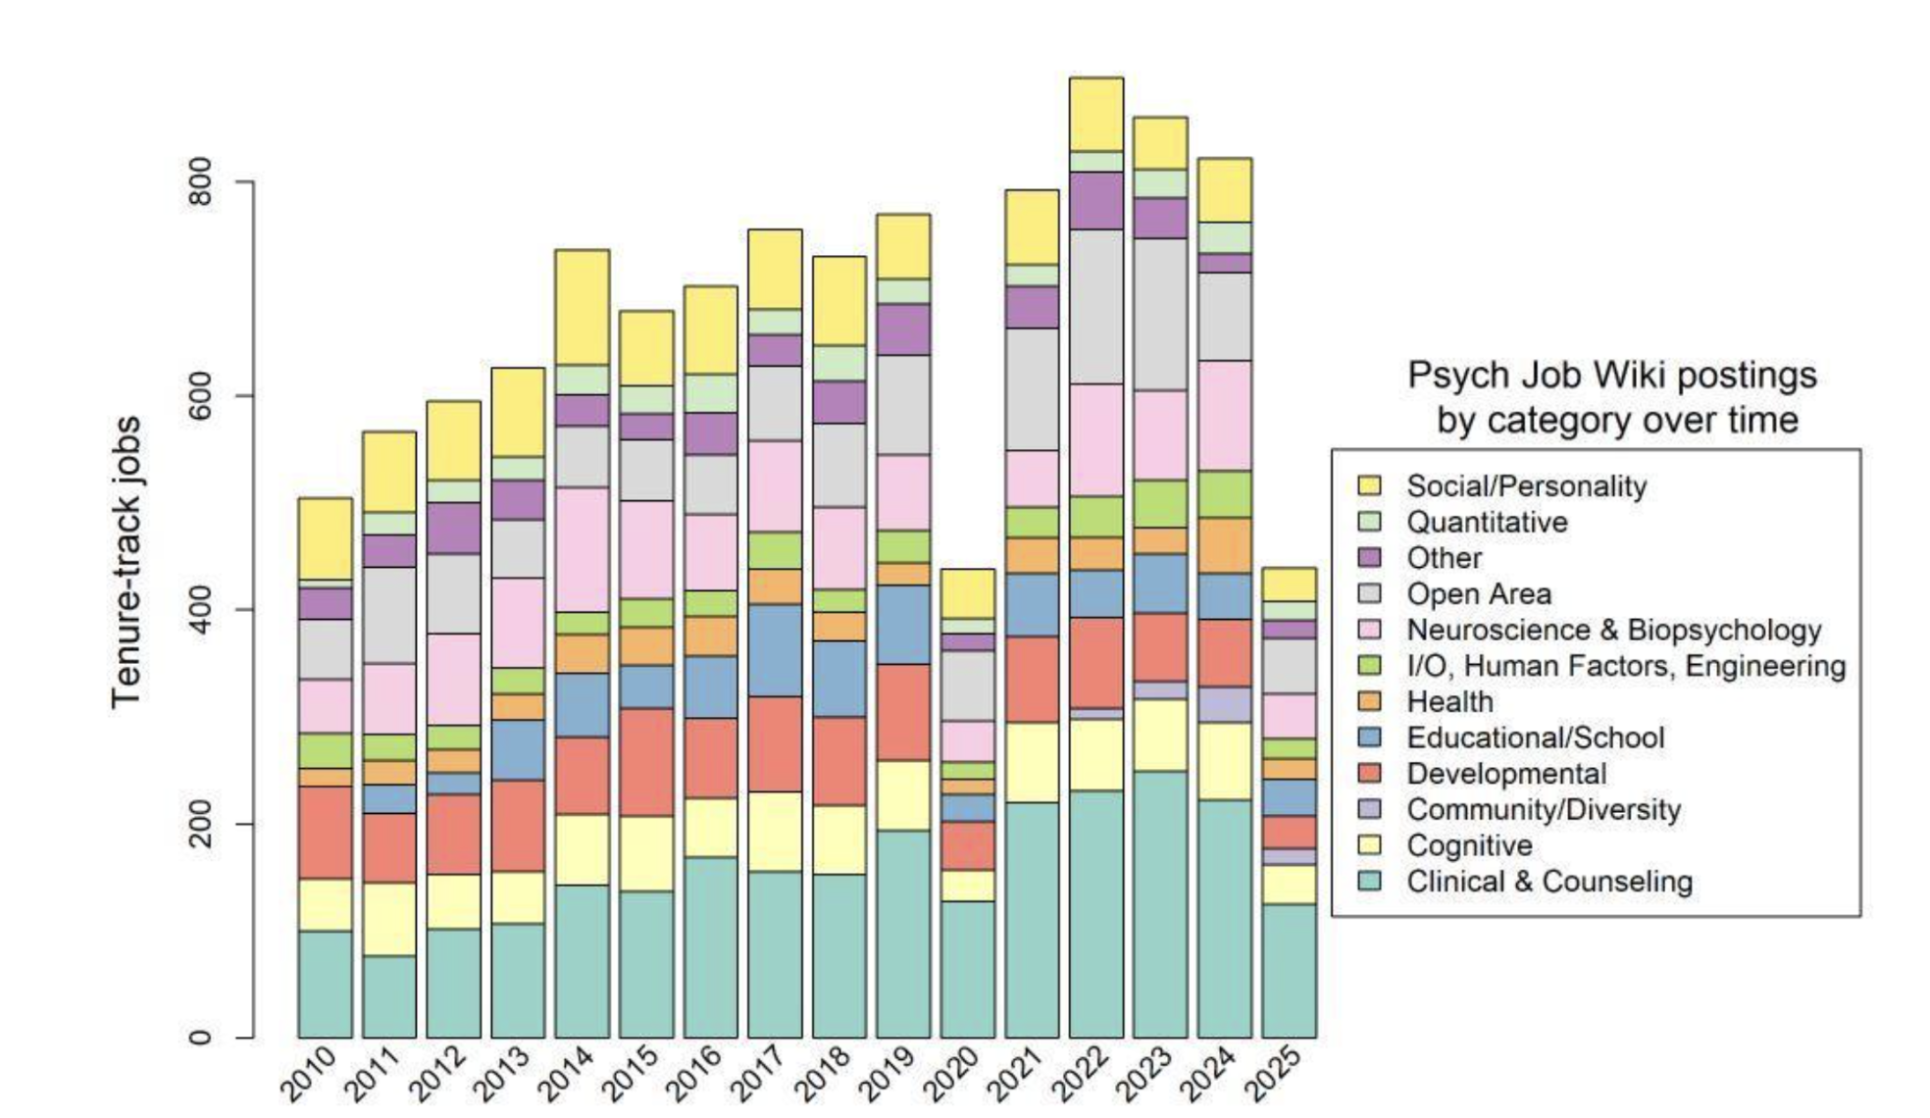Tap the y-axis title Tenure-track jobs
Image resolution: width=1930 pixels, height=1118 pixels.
click(127, 561)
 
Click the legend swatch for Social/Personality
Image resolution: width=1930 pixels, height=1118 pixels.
click(1369, 485)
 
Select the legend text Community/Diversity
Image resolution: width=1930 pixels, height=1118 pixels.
click(1543, 810)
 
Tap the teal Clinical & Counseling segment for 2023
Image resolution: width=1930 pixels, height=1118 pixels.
click(1160, 902)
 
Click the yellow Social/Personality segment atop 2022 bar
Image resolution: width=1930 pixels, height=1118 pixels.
click(1095, 114)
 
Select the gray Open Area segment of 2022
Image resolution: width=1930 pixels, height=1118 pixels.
click(1095, 306)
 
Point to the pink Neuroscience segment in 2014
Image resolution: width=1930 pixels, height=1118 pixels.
click(582, 549)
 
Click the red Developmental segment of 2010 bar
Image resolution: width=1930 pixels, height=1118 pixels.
click(325, 832)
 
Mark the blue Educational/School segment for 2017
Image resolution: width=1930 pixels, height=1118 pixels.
click(775, 650)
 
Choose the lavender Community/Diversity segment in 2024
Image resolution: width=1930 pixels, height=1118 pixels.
click(1224, 704)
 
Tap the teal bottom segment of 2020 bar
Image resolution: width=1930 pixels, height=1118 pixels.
click(967, 969)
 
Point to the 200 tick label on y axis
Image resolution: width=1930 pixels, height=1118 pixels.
click(201, 824)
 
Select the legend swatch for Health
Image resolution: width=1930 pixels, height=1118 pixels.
click(1369, 702)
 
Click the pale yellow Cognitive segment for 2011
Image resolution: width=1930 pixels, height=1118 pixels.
click(388, 919)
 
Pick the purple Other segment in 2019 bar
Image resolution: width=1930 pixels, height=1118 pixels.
click(903, 329)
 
